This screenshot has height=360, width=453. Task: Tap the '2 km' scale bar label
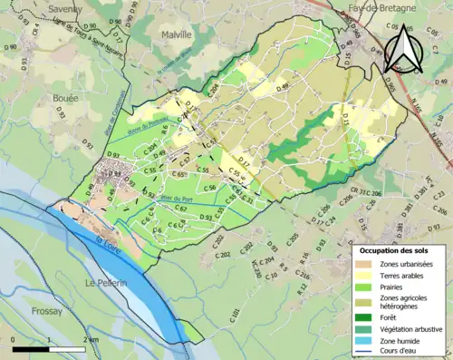point(92,339)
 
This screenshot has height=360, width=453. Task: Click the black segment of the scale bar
point(32,347)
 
